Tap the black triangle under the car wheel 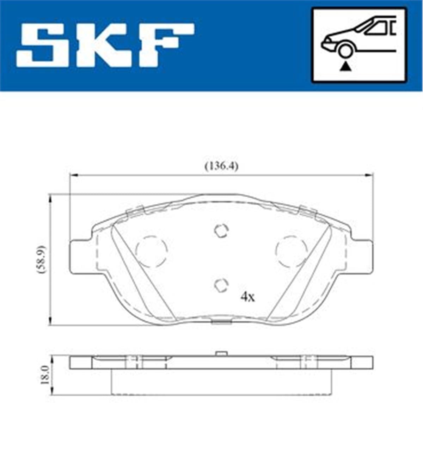(x=345, y=66)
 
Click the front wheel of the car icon (x=345, y=50)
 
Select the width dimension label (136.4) (x=221, y=166)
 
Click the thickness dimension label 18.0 (x=44, y=375)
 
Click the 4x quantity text (x=247, y=297)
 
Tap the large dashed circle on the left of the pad (x=151, y=251)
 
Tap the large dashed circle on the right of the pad (x=291, y=251)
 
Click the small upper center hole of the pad (x=221, y=231)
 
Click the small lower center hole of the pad (x=221, y=285)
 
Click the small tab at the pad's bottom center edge (x=221, y=321)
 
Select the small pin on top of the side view (x=221, y=353)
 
